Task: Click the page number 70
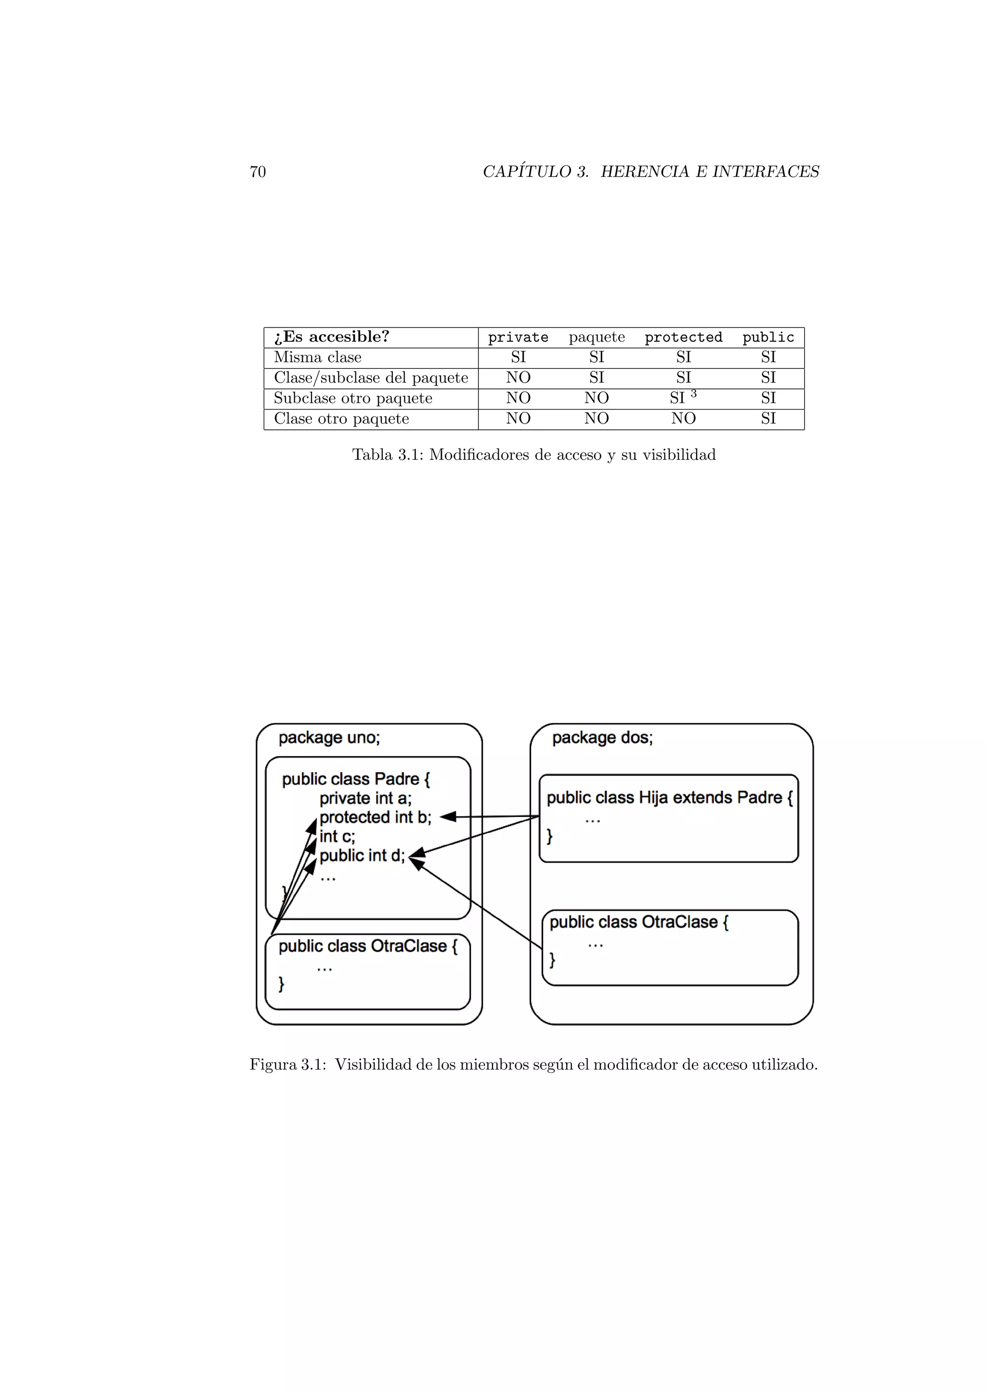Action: click(258, 172)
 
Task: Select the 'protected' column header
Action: click(683, 337)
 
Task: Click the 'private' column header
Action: click(518, 337)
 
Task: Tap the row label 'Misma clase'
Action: click(318, 358)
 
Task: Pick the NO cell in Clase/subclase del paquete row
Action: click(518, 378)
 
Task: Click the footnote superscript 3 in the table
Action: click(693, 394)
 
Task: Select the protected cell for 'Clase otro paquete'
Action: click(683, 418)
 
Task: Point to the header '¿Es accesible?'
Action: click(332, 337)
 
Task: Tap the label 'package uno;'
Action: click(329, 738)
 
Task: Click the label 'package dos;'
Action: click(602, 738)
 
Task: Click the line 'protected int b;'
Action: click(375, 817)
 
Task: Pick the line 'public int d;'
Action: click(362, 855)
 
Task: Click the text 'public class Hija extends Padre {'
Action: click(669, 797)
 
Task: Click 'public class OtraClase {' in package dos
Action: click(639, 922)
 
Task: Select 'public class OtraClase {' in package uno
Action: click(367, 946)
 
